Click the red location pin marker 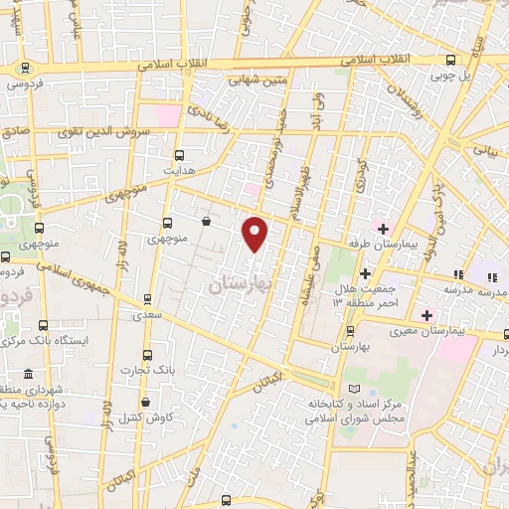click(256, 233)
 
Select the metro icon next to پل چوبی click(452, 60)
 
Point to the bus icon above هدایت click(179, 155)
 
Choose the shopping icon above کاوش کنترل click(148, 403)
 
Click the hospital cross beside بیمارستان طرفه click(382, 229)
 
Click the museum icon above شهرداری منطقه click(27, 374)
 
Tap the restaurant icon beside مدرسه click(458, 274)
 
